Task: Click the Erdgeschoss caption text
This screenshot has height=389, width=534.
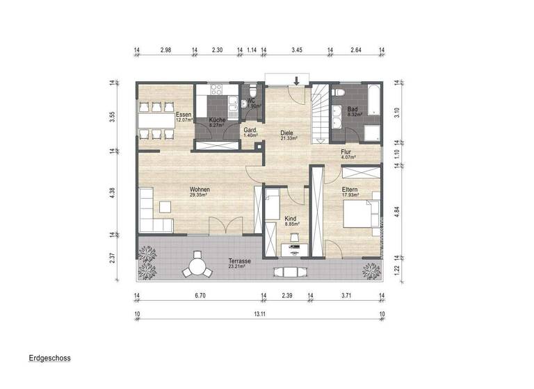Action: (x=49, y=359)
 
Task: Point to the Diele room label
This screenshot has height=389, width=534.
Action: (x=288, y=132)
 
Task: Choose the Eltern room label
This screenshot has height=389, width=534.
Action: (x=349, y=189)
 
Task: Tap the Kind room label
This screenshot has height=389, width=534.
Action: (x=291, y=219)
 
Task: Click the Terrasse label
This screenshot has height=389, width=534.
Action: (x=239, y=262)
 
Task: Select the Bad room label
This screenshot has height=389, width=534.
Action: (x=353, y=110)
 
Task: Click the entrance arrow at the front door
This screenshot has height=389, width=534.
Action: (x=297, y=82)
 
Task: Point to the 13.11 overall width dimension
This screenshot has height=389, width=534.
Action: (x=258, y=315)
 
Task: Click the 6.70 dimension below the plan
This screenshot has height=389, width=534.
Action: (x=200, y=296)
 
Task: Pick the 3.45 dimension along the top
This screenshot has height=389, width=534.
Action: (x=297, y=50)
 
